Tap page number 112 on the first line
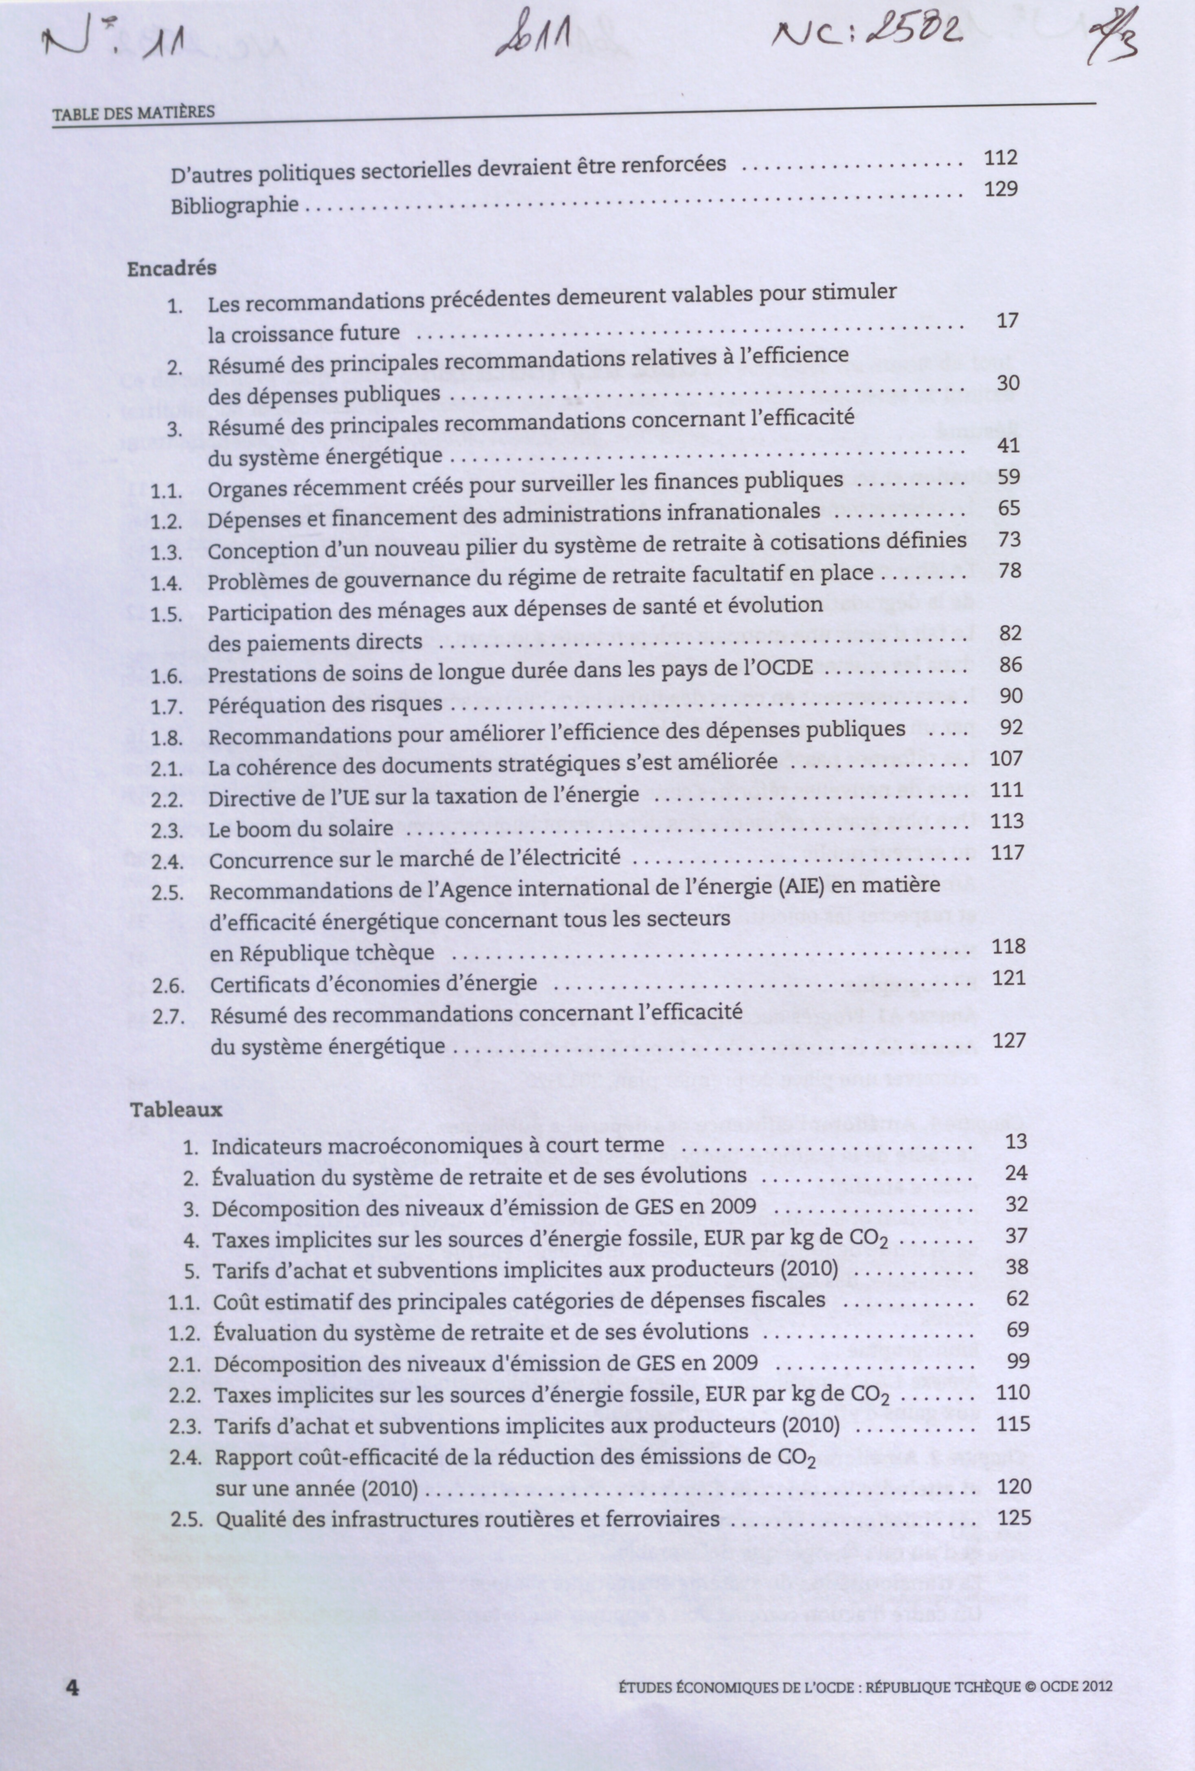click(x=1001, y=158)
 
